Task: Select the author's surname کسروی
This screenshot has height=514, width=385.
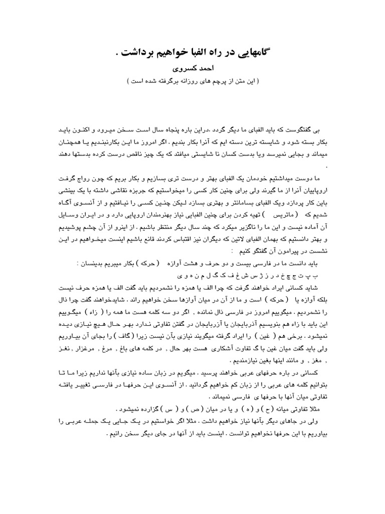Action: pos(179,69)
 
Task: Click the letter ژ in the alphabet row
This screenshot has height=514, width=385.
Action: pos(231,276)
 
